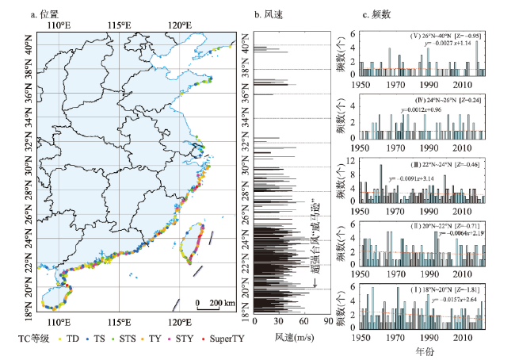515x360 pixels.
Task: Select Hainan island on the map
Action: pos(54,297)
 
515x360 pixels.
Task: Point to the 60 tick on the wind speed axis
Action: pos(304,324)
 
